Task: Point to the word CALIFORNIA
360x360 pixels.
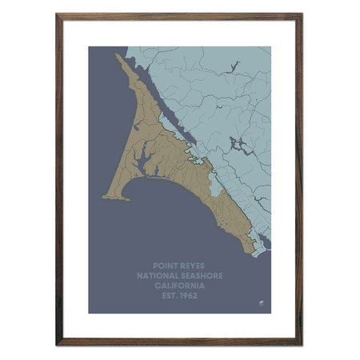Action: tap(179, 285)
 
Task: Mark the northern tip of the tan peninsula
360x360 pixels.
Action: tap(118, 55)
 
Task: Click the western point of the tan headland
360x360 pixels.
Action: tap(104, 196)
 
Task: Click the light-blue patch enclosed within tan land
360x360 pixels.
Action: tap(213, 190)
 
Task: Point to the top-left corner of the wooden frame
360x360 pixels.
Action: tap(58, 14)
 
